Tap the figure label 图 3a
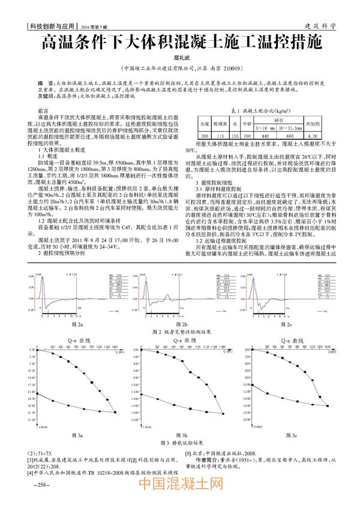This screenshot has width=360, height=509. click(x=76, y=433)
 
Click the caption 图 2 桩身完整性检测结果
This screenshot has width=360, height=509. click(x=181, y=331)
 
